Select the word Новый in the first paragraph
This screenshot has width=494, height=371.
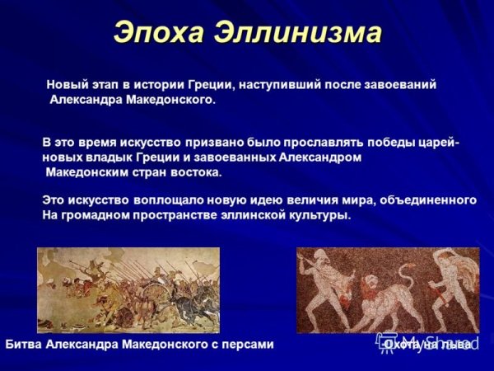[65, 85]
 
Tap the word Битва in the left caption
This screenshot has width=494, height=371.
[25, 344]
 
